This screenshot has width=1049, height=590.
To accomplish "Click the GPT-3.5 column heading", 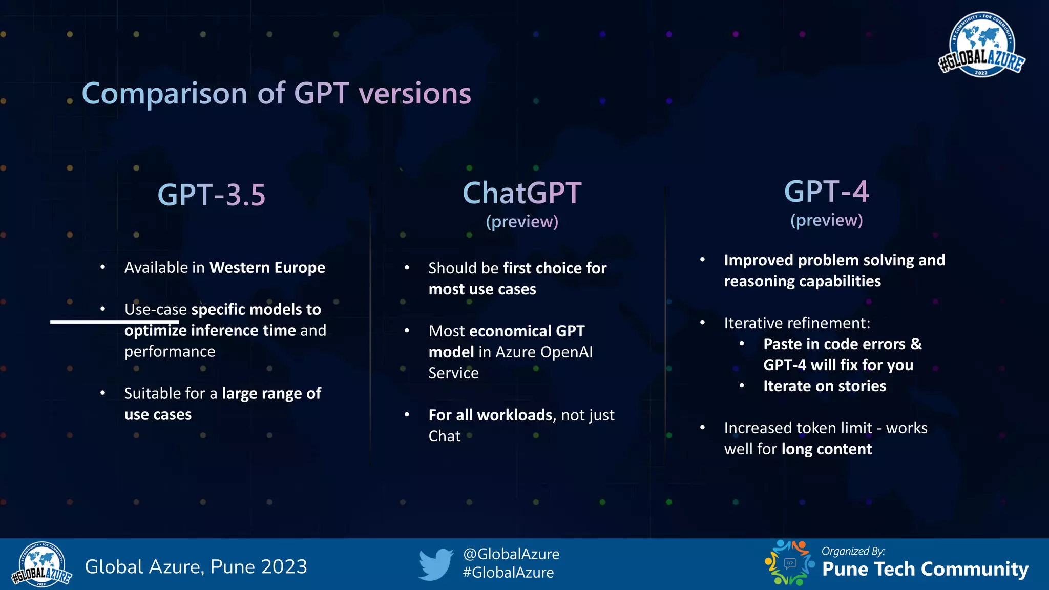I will tap(212, 195).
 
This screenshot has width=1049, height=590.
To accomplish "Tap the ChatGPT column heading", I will tap(522, 194).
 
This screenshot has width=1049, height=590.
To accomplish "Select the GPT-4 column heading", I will tap(826, 192).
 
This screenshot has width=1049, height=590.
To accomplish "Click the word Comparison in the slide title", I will tap(164, 94).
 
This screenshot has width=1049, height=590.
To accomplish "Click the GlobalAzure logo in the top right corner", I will tap(981, 45).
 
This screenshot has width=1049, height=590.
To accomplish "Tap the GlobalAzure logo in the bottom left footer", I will tap(42, 564).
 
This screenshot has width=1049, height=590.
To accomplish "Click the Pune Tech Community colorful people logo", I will tap(789, 563).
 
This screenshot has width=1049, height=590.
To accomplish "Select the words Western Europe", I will tap(267, 268).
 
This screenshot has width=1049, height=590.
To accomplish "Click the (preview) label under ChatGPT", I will tap(522, 222).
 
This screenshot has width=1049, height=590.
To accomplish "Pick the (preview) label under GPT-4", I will tap(826, 220).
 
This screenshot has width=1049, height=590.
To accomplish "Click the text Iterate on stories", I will tap(824, 386).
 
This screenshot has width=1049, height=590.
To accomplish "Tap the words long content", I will tap(826, 449).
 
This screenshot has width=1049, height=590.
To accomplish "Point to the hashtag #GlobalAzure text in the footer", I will tap(508, 573).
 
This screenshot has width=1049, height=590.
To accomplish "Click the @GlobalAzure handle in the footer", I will tap(511, 554).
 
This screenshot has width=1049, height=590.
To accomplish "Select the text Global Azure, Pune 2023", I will tap(196, 567).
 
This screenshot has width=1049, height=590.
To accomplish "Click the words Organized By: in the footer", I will tap(853, 552).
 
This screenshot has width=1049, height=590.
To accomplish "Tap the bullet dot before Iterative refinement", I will tap(703, 323).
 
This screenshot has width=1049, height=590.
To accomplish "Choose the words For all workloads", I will tap(490, 415).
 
